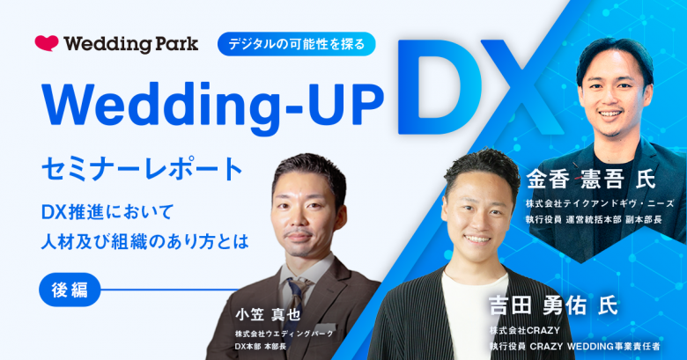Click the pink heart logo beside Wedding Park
47,43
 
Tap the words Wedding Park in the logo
131,44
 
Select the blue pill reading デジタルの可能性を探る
297,44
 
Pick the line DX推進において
107,212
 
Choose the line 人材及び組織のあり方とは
145,242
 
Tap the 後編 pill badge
70,290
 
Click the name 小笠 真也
268,314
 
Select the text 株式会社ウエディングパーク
284,334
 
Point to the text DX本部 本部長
260,347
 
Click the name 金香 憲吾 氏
591,180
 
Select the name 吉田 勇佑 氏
553,306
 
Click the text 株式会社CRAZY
524,330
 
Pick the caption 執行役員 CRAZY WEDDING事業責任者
574,347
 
